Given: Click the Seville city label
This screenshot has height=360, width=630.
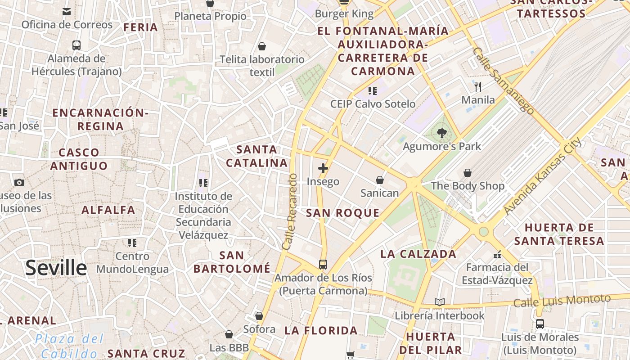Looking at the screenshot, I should [56, 268].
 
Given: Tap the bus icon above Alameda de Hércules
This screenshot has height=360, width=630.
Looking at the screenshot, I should [76, 45].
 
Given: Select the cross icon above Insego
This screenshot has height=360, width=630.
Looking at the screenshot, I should [323, 168].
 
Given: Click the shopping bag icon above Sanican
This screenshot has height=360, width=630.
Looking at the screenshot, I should [380, 180].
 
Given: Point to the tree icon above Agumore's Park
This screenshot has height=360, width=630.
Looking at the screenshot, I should [441, 133].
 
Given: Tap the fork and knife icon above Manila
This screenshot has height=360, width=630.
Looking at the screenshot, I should [478, 86].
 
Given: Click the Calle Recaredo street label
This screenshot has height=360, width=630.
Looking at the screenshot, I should [290, 211].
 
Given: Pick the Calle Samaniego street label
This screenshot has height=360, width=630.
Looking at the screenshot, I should [504, 81].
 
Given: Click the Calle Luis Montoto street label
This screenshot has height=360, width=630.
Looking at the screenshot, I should [562, 301].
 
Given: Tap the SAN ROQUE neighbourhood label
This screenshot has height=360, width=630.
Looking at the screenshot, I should [342, 213].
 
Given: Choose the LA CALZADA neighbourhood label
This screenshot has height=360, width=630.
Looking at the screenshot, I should [418, 254].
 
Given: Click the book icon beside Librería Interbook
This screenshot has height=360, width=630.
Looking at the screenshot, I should [440, 302].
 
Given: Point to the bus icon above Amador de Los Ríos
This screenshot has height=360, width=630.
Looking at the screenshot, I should [323, 264].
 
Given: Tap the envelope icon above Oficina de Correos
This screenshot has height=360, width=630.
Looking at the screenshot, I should [67, 11].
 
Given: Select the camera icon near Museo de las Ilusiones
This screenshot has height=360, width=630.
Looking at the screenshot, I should [19, 182].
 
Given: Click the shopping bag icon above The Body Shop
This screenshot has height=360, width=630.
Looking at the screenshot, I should [468, 172].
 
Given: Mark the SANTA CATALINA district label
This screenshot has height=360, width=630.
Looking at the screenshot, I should [257, 156].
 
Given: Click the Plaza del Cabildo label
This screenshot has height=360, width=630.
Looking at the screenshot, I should [69, 346].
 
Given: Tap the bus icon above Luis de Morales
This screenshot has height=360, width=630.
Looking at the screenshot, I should [540, 324].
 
